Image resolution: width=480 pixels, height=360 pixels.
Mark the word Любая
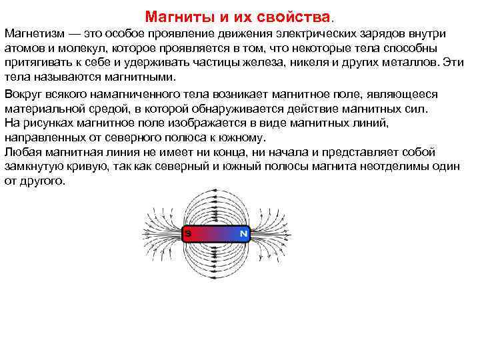(22, 152)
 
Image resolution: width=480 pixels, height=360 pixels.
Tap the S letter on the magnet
(189, 234)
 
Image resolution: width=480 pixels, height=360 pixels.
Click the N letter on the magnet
(243, 234)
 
